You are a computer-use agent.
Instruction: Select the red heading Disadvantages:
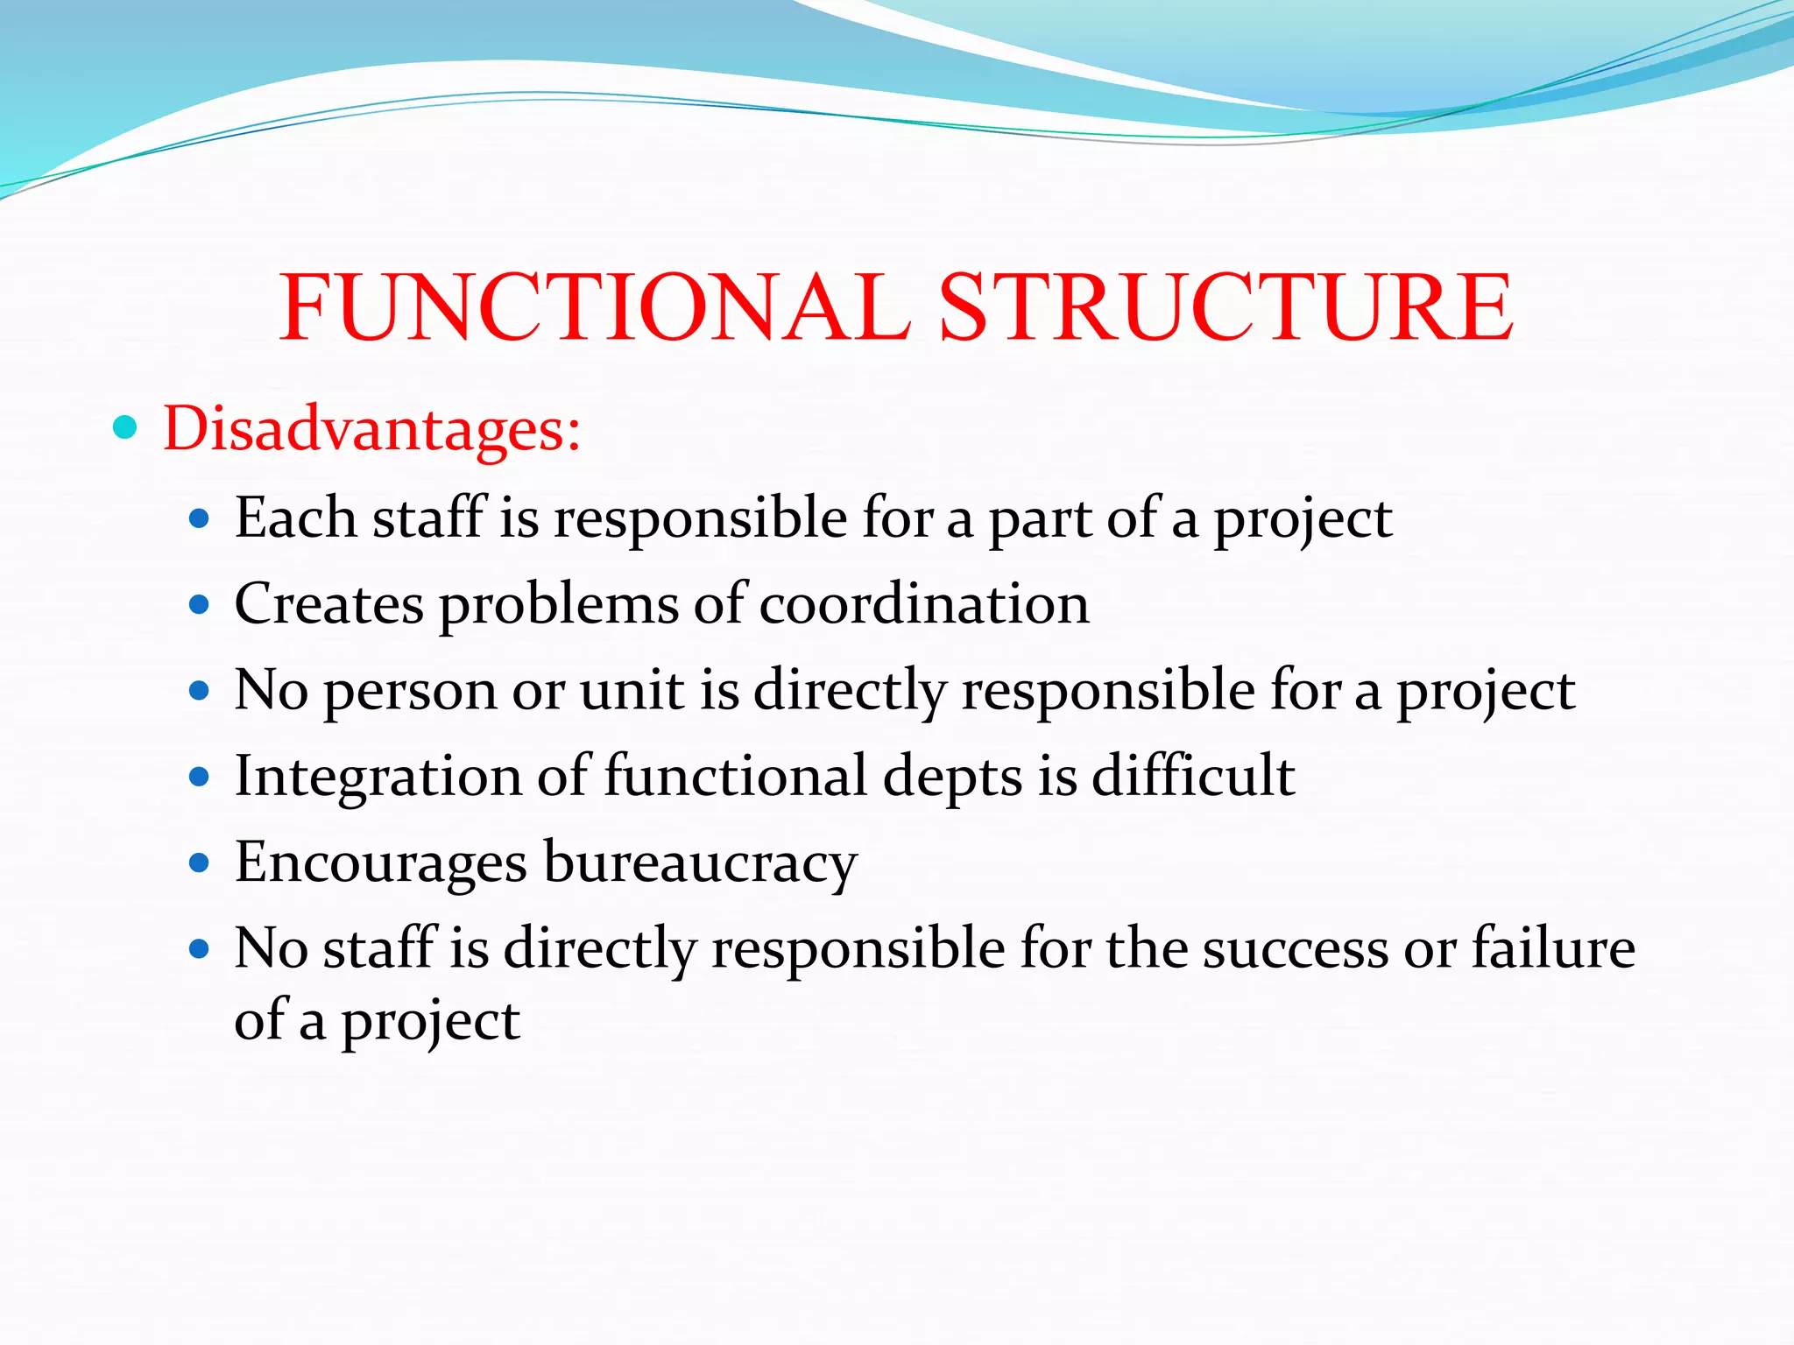coord(371,429)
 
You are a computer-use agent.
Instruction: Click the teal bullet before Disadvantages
coord(125,427)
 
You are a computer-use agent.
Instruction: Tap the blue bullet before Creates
coord(200,604)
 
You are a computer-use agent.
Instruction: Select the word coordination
coord(924,604)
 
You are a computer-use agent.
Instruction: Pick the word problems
coord(558,604)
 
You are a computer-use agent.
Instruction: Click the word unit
coord(632,689)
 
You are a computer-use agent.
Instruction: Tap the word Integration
coord(378,777)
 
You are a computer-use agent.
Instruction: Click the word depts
coord(952,777)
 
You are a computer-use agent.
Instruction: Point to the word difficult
coord(1193,775)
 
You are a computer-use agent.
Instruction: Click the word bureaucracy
coord(700,863)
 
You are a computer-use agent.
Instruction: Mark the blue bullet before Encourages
coord(200,863)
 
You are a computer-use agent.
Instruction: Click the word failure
coord(1552,947)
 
